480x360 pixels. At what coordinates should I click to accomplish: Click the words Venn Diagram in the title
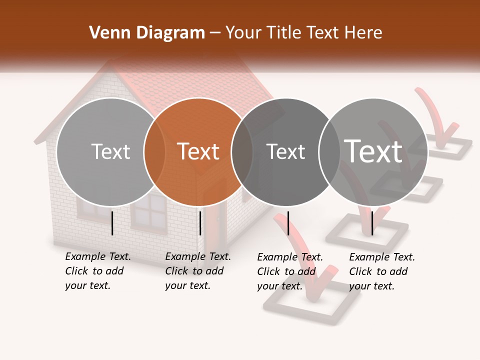[147, 33]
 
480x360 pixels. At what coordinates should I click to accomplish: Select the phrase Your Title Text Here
[304, 33]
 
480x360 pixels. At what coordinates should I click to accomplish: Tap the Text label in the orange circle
[198, 151]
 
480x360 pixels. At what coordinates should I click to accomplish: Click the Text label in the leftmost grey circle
[110, 151]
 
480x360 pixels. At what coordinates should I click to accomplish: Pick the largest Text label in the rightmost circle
[373, 151]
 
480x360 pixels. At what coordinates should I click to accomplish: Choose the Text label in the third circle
[285, 151]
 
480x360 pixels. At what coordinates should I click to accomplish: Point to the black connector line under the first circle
[112, 223]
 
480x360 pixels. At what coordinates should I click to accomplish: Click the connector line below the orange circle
[200, 223]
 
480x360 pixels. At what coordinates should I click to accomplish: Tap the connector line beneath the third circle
[288, 223]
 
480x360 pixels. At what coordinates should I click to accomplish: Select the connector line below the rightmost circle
[372, 223]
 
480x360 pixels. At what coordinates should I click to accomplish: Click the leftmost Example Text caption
[98, 271]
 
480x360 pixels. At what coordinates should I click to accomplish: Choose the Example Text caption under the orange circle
[198, 271]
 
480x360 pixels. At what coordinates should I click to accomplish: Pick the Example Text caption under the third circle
[290, 271]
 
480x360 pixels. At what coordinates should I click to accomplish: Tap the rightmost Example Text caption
[382, 271]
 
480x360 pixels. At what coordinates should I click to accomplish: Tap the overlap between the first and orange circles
[154, 152]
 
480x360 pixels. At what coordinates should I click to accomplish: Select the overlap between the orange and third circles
[242, 152]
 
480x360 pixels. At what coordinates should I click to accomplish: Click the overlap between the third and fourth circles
[329, 152]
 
